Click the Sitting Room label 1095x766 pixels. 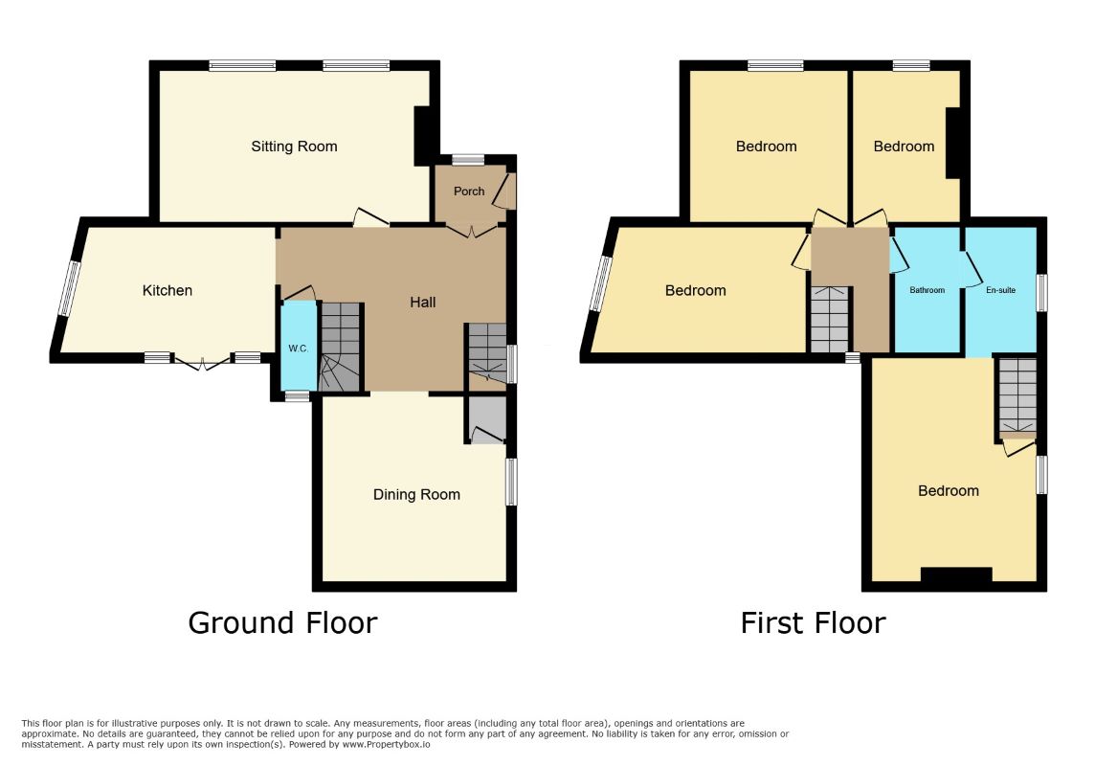click(294, 146)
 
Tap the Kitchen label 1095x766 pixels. click(167, 290)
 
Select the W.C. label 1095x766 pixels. click(299, 349)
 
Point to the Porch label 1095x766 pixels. click(469, 191)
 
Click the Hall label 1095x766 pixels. click(422, 303)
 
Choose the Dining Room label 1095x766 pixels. click(416, 495)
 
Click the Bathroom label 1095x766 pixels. click(927, 290)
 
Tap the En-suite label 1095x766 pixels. click(1001, 290)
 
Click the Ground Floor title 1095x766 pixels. click(282, 623)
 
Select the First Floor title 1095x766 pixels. click(813, 623)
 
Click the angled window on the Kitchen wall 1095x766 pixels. click(70, 289)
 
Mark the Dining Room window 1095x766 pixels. click(512, 481)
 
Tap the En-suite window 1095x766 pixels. click(1041, 293)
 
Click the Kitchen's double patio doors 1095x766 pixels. click(202, 362)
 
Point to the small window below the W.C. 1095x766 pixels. click(297, 396)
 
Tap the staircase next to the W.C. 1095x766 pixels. click(340, 347)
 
